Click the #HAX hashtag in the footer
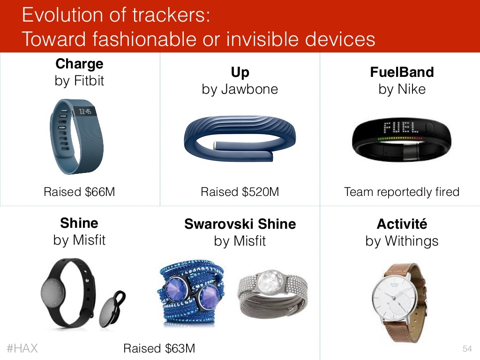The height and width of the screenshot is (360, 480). [22, 348]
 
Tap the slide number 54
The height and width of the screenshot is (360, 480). [467, 349]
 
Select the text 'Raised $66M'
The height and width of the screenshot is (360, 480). [79, 192]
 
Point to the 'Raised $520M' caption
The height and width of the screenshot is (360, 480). [240, 192]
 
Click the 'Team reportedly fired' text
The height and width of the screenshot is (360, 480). [402, 192]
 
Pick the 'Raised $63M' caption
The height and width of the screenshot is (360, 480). [159, 348]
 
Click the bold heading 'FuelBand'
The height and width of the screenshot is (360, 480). [402, 72]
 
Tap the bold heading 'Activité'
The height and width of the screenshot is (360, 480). [402, 224]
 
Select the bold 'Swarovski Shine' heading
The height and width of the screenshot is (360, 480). [240, 224]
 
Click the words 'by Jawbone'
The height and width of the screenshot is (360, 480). [240, 90]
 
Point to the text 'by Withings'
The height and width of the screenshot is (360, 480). [402, 241]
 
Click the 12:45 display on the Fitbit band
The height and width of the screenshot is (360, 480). [85, 112]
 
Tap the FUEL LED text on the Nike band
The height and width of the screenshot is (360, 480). [401, 127]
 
